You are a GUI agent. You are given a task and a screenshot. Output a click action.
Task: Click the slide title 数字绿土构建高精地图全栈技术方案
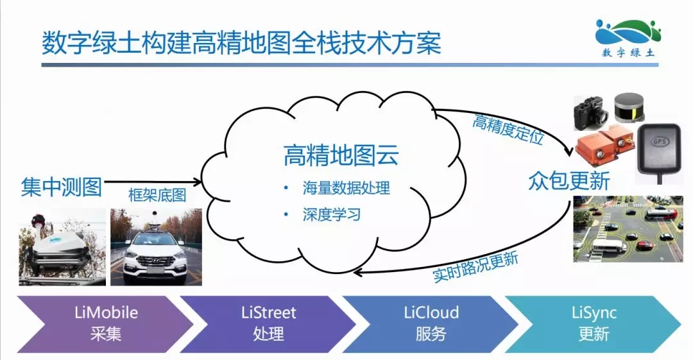coord(241,43)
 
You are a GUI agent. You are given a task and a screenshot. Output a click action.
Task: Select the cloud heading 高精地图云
coord(341,155)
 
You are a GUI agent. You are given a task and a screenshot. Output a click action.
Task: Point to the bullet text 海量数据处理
coord(346,188)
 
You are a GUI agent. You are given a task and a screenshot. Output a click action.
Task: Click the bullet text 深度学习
coord(332,214)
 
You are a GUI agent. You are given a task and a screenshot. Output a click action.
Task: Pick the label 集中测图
coord(62,187)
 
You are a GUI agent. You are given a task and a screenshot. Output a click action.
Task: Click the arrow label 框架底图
coord(157,195)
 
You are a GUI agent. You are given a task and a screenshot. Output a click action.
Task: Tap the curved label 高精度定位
coord(508,129)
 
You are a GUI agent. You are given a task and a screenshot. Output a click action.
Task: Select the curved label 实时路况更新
coord(475,268)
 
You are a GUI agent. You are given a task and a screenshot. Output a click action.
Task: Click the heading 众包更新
coord(569,180)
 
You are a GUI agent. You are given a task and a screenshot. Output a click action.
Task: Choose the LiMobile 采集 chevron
coord(105,324)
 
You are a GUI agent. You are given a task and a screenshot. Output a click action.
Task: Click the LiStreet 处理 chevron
coord(268,324)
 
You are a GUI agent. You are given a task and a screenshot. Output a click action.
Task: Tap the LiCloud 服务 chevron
coord(431,324)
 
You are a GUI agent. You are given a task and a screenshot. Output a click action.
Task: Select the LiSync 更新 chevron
coord(593,324)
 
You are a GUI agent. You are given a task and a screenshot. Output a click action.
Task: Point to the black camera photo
coord(592,114)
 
